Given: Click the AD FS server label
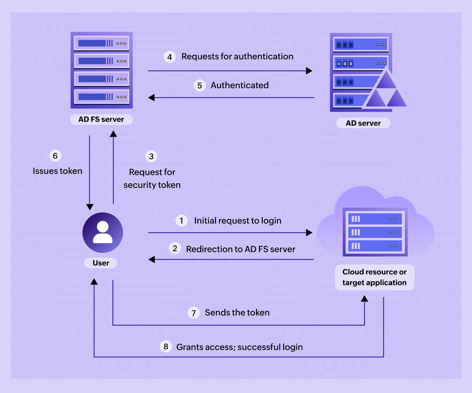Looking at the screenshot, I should tap(101, 119).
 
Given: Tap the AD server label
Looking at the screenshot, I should tap(363, 123).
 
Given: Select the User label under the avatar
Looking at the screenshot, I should tap(101, 263).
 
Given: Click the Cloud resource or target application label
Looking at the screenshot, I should tap(374, 277).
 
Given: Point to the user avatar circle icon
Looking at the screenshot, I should tap(103, 233).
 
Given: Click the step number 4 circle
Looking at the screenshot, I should tap(169, 57).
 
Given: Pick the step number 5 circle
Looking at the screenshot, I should tap(200, 86).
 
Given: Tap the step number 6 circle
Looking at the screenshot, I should tap(55, 156).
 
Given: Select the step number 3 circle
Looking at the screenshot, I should tap(151, 156).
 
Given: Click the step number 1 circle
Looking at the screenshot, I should tap(181, 220).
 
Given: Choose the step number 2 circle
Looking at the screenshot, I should tap(175, 248).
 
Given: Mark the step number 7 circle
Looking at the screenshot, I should tap(194, 313).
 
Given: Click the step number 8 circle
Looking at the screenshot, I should tap(166, 346).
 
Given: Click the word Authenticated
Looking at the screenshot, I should tap(239, 85).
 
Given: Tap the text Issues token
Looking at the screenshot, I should tap(57, 171).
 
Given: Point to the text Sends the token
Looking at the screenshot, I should tap(237, 312).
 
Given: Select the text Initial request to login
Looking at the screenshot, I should tap(238, 220).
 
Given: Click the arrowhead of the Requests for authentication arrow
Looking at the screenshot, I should tap(309, 71).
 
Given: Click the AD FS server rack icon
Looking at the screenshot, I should tap(102, 70).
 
